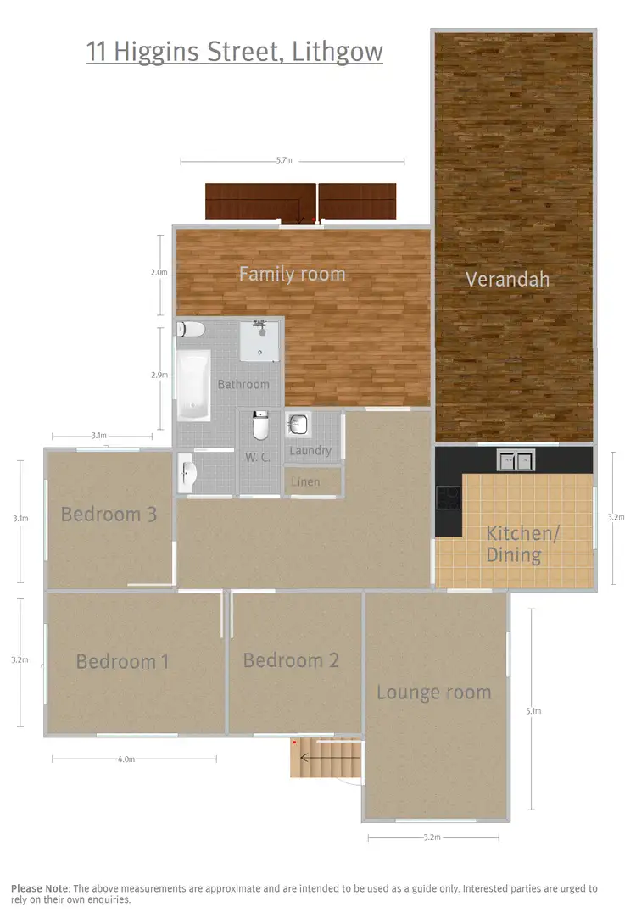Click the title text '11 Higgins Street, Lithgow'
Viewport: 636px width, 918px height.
tap(235, 52)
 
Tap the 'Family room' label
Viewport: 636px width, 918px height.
tap(292, 274)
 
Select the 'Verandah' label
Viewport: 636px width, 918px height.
tap(507, 279)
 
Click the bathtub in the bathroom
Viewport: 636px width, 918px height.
tap(193, 386)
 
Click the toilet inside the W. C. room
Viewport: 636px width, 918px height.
tap(260, 426)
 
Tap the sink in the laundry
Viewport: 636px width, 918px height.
tap(298, 424)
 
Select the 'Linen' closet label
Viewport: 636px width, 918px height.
tap(305, 481)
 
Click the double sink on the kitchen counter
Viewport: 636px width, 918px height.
tap(516, 460)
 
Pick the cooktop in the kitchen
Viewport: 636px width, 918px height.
tap(448, 498)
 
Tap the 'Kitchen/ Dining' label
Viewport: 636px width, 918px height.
tap(522, 544)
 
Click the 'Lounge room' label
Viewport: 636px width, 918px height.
tap(433, 693)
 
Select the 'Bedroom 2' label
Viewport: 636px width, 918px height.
tap(291, 660)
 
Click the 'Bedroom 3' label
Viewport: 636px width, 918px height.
tap(109, 514)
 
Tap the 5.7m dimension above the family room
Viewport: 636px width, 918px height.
tap(283, 160)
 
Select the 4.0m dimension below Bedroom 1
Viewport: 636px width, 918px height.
tap(126, 759)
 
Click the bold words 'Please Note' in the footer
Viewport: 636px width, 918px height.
tap(39, 888)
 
